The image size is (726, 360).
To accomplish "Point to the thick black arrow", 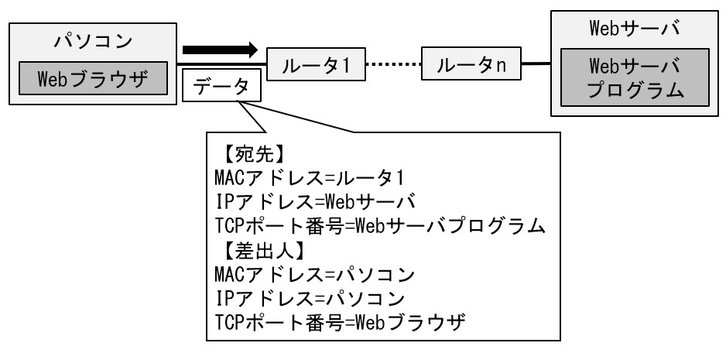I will tap(219, 50).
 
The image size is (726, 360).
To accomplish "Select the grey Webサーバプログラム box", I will tap(635, 78).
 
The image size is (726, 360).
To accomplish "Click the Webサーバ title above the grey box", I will tap(635, 29).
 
